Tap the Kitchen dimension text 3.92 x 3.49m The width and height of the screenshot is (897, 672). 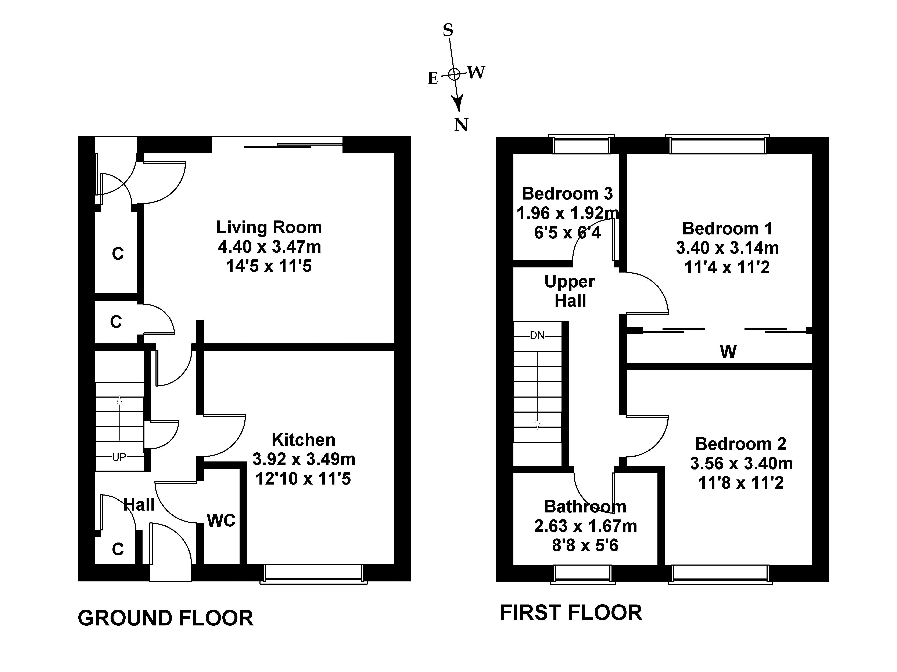pos(304,459)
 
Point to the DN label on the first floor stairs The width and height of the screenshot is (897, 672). pos(537,335)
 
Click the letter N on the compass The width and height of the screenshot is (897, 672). pos(461,125)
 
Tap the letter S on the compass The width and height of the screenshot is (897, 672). pos(448,30)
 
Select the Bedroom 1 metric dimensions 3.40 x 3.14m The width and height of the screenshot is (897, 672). pos(728,248)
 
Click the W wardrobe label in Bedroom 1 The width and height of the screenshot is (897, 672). pos(728,352)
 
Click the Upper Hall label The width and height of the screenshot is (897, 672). pos(570,291)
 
